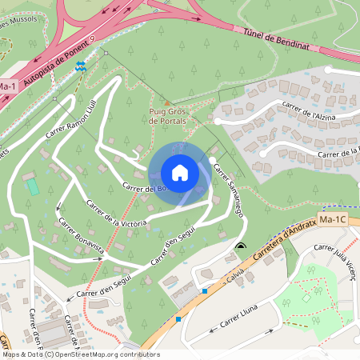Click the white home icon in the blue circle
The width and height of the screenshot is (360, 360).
click(x=180, y=173)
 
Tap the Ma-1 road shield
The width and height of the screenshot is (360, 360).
click(x=7, y=86)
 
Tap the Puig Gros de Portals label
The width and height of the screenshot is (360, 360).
click(x=167, y=116)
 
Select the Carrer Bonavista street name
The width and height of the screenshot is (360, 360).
click(x=80, y=238)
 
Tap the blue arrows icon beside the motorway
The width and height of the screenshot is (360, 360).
click(x=80, y=69)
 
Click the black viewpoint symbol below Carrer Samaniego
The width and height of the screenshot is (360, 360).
click(x=241, y=246)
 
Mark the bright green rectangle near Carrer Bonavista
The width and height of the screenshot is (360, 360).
click(x=33, y=186)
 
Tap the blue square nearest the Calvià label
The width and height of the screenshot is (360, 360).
click(x=205, y=291)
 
